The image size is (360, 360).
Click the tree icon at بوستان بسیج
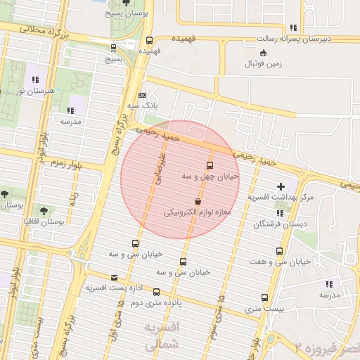coord(126,3)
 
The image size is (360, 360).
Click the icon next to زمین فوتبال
coord(263,53)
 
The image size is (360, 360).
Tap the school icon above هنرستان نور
coord(34,81)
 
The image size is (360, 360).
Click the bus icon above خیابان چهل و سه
coord(209,166)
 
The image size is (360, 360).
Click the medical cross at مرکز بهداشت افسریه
coord(281,187)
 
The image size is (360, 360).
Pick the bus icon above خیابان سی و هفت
coord(280,251)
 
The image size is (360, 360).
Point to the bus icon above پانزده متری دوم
coord(156,292)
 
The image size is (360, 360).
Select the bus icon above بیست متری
coord(264,298)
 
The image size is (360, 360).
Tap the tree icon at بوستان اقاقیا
coord(44,210)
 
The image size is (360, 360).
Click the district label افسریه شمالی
coord(161,337)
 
